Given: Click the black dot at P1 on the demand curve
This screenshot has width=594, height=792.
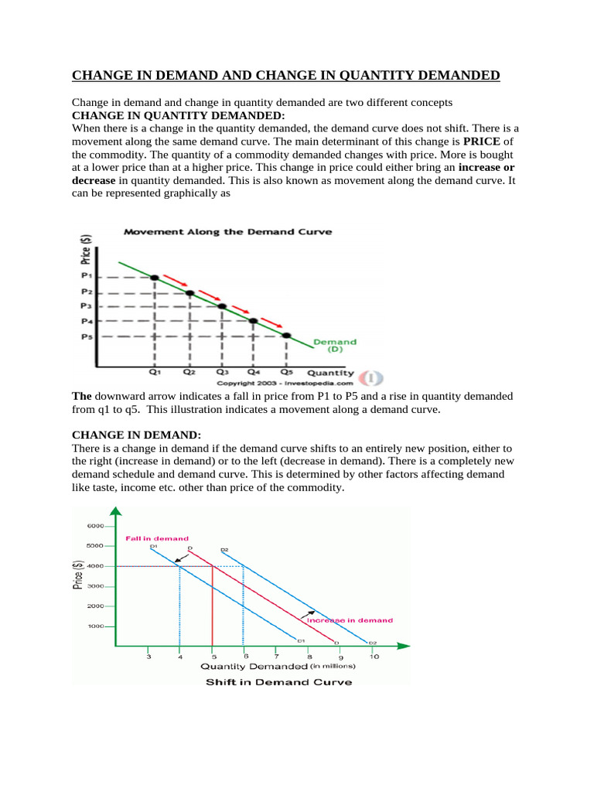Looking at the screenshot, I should [155, 277].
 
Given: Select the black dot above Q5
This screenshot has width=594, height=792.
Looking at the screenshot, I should [286, 335].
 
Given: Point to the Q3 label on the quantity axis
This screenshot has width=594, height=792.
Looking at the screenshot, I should [221, 372].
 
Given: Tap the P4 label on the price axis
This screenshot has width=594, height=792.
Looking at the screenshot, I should [87, 321].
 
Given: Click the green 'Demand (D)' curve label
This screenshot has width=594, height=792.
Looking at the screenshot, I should [335, 345].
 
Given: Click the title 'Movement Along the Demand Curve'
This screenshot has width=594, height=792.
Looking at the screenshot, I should [228, 231].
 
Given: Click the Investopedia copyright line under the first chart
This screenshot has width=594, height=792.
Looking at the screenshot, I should [285, 382].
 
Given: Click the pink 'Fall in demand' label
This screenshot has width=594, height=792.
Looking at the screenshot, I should [156, 538].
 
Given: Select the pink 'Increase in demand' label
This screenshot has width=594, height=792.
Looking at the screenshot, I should [350, 620].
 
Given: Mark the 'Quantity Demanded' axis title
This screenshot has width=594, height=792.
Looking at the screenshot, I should [254, 666].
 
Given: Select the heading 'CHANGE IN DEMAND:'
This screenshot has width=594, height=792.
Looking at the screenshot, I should [125, 436].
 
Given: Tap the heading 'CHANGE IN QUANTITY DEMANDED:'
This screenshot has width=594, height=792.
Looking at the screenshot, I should [179, 115].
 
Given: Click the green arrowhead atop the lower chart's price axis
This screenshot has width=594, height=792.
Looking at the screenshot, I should [115, 511].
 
